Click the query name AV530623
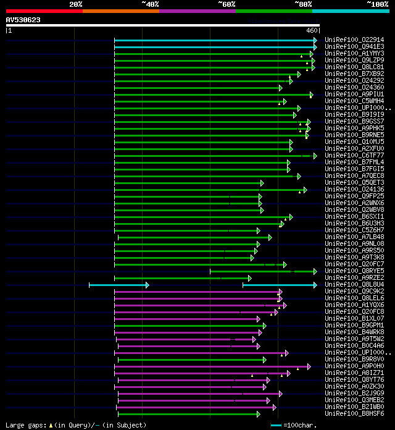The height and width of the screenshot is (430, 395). [23, 20]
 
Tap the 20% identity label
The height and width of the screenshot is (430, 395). [76, 4]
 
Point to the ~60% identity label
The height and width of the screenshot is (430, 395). [227, 4]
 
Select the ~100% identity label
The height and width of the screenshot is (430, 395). [377, 4]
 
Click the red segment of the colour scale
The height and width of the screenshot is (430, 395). [44, 11]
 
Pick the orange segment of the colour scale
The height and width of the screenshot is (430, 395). [120, 11]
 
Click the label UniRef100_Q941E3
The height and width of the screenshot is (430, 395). [354, 46]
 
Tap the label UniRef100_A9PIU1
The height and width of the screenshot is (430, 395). [354, 94]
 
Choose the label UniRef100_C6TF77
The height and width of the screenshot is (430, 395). [354, 155]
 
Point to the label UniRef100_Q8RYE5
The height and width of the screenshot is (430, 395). [354, 271]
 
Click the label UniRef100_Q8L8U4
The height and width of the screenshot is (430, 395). [354, 284]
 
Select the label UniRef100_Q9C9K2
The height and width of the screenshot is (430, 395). [354, 291]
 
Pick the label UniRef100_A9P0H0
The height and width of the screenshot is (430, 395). [354, 366]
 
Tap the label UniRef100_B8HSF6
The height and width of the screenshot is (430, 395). [354, 413]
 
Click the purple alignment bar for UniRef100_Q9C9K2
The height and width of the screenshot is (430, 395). [197, 291]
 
